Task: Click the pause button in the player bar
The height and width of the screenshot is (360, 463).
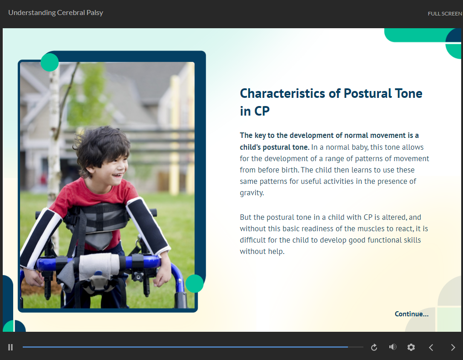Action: tap(10, 347)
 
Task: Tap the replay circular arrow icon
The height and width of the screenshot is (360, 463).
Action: tap(374, 347)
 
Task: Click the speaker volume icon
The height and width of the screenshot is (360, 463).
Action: tap(393, 347)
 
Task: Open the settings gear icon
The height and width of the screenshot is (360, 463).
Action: tap(411, 347)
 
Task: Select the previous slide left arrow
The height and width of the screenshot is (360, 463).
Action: tap(431, 347)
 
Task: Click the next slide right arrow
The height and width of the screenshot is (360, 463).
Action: tap(453, 347)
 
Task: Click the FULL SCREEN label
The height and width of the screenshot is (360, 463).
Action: tap(445, 14)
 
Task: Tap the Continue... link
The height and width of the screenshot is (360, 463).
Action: tap(412, 314)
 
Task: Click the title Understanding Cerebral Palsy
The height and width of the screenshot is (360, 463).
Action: tap(55, 13)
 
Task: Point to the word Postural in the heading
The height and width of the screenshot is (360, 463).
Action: tap(367, 93)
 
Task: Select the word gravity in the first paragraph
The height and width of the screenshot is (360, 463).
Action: tap(251, 193)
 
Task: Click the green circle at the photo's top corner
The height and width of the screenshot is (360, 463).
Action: tap(50, 62)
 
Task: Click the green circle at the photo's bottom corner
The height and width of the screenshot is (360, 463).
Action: tap(195, 284)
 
